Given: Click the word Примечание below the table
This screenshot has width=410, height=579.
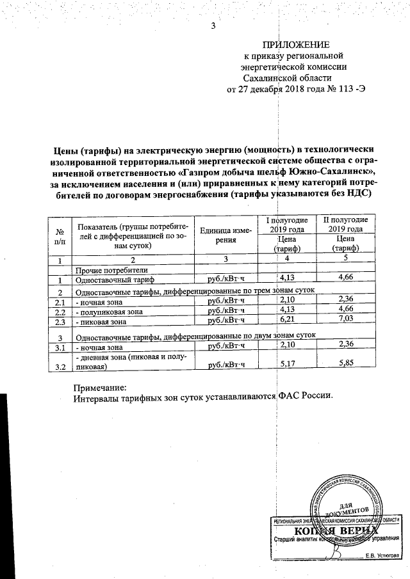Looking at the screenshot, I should [101, 388].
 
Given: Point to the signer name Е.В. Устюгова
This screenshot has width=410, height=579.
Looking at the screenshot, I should [382, 555].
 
